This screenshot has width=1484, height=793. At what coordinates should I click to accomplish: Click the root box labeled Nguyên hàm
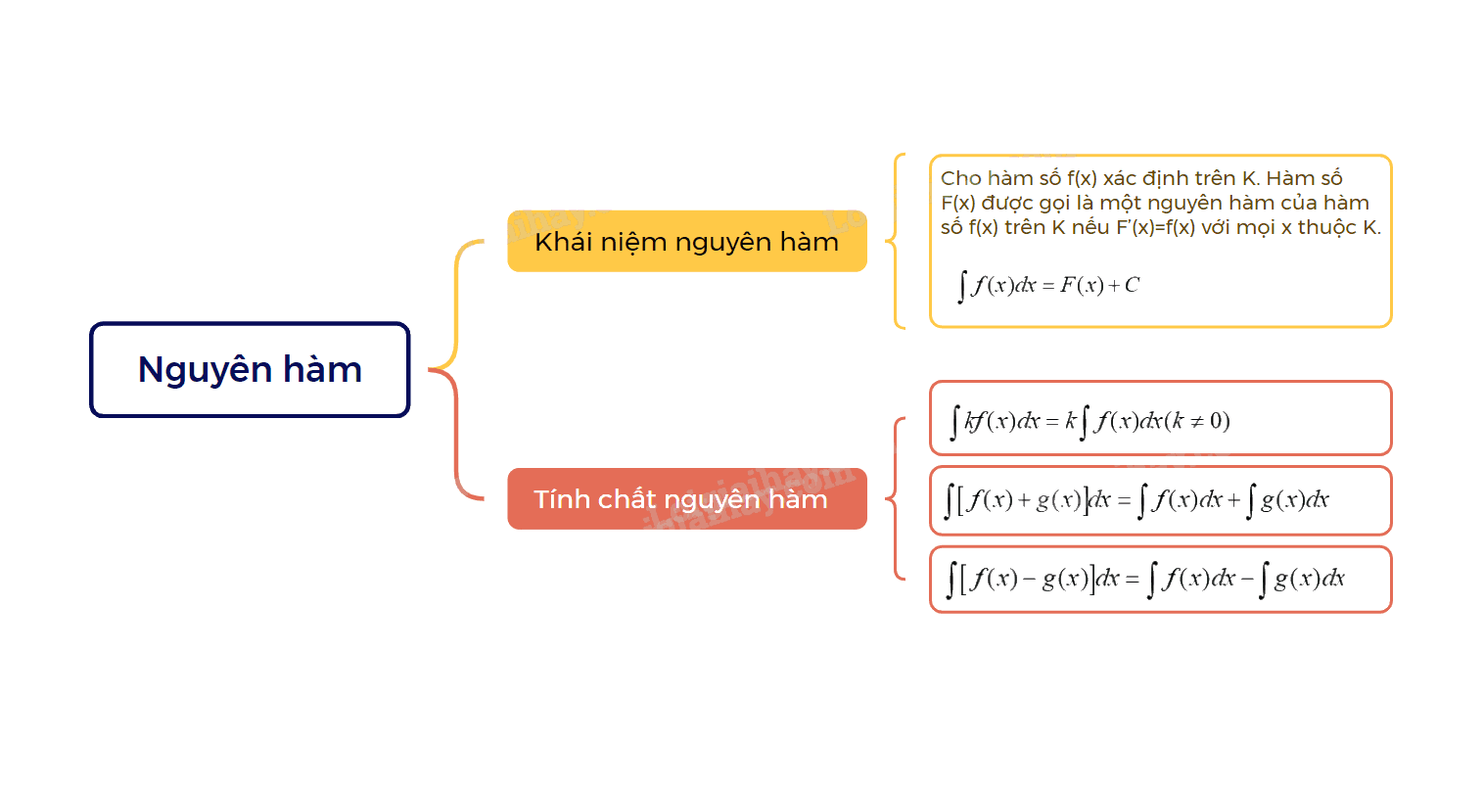click(250, 370)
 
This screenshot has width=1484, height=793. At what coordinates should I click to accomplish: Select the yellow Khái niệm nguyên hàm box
click(687, 241)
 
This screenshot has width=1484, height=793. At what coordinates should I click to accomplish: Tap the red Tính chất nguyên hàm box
click(687, 499)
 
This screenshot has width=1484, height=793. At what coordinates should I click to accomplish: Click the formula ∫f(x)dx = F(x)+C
click(1048, 286)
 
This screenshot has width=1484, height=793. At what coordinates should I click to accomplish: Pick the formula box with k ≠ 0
click(1161, 419)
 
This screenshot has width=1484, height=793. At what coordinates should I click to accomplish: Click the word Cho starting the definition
click(960, 178)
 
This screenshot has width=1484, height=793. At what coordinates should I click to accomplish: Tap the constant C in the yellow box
click(1133, 285)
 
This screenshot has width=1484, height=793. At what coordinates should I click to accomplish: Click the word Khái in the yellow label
click(563, 242)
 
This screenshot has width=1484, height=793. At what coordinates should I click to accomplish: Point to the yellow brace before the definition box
click(894, 241)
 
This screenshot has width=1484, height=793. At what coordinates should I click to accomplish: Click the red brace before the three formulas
click(894, 499)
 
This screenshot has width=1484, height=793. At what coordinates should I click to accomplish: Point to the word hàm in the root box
click(323, 369)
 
